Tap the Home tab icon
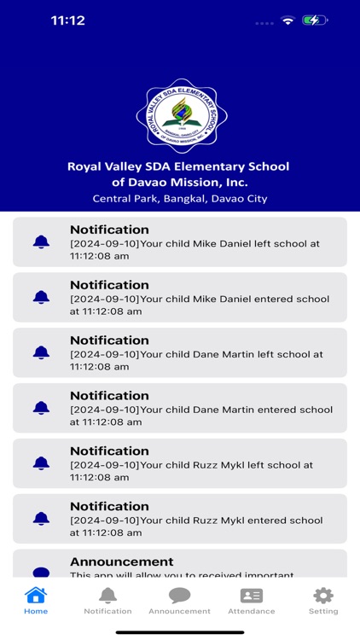[x=36, y=596]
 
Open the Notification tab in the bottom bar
[x=107, y=596]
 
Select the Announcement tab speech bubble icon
[x=179, y=596]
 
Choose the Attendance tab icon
[x=252, y=596]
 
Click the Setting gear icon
[x=323, y=596]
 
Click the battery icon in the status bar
[x=315, y=20]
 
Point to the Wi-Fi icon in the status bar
[x=287, y=20]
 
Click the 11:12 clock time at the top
[x=68, y=20]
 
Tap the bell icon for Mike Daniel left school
[x=41, y=242]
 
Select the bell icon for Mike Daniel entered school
[x=41, y=298]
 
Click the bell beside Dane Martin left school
[x=41, y=352]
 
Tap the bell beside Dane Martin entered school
[x=41, y=408]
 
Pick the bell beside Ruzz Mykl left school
[x=41, y=463]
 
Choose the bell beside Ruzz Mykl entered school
[x=41, y=519]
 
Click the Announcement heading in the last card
[x=121, y=561]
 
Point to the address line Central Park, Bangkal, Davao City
[x=180, y=199]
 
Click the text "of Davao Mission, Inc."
[x=180, y=182]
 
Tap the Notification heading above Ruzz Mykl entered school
[x=109, y=506]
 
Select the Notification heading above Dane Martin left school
[x=109, y=340]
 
